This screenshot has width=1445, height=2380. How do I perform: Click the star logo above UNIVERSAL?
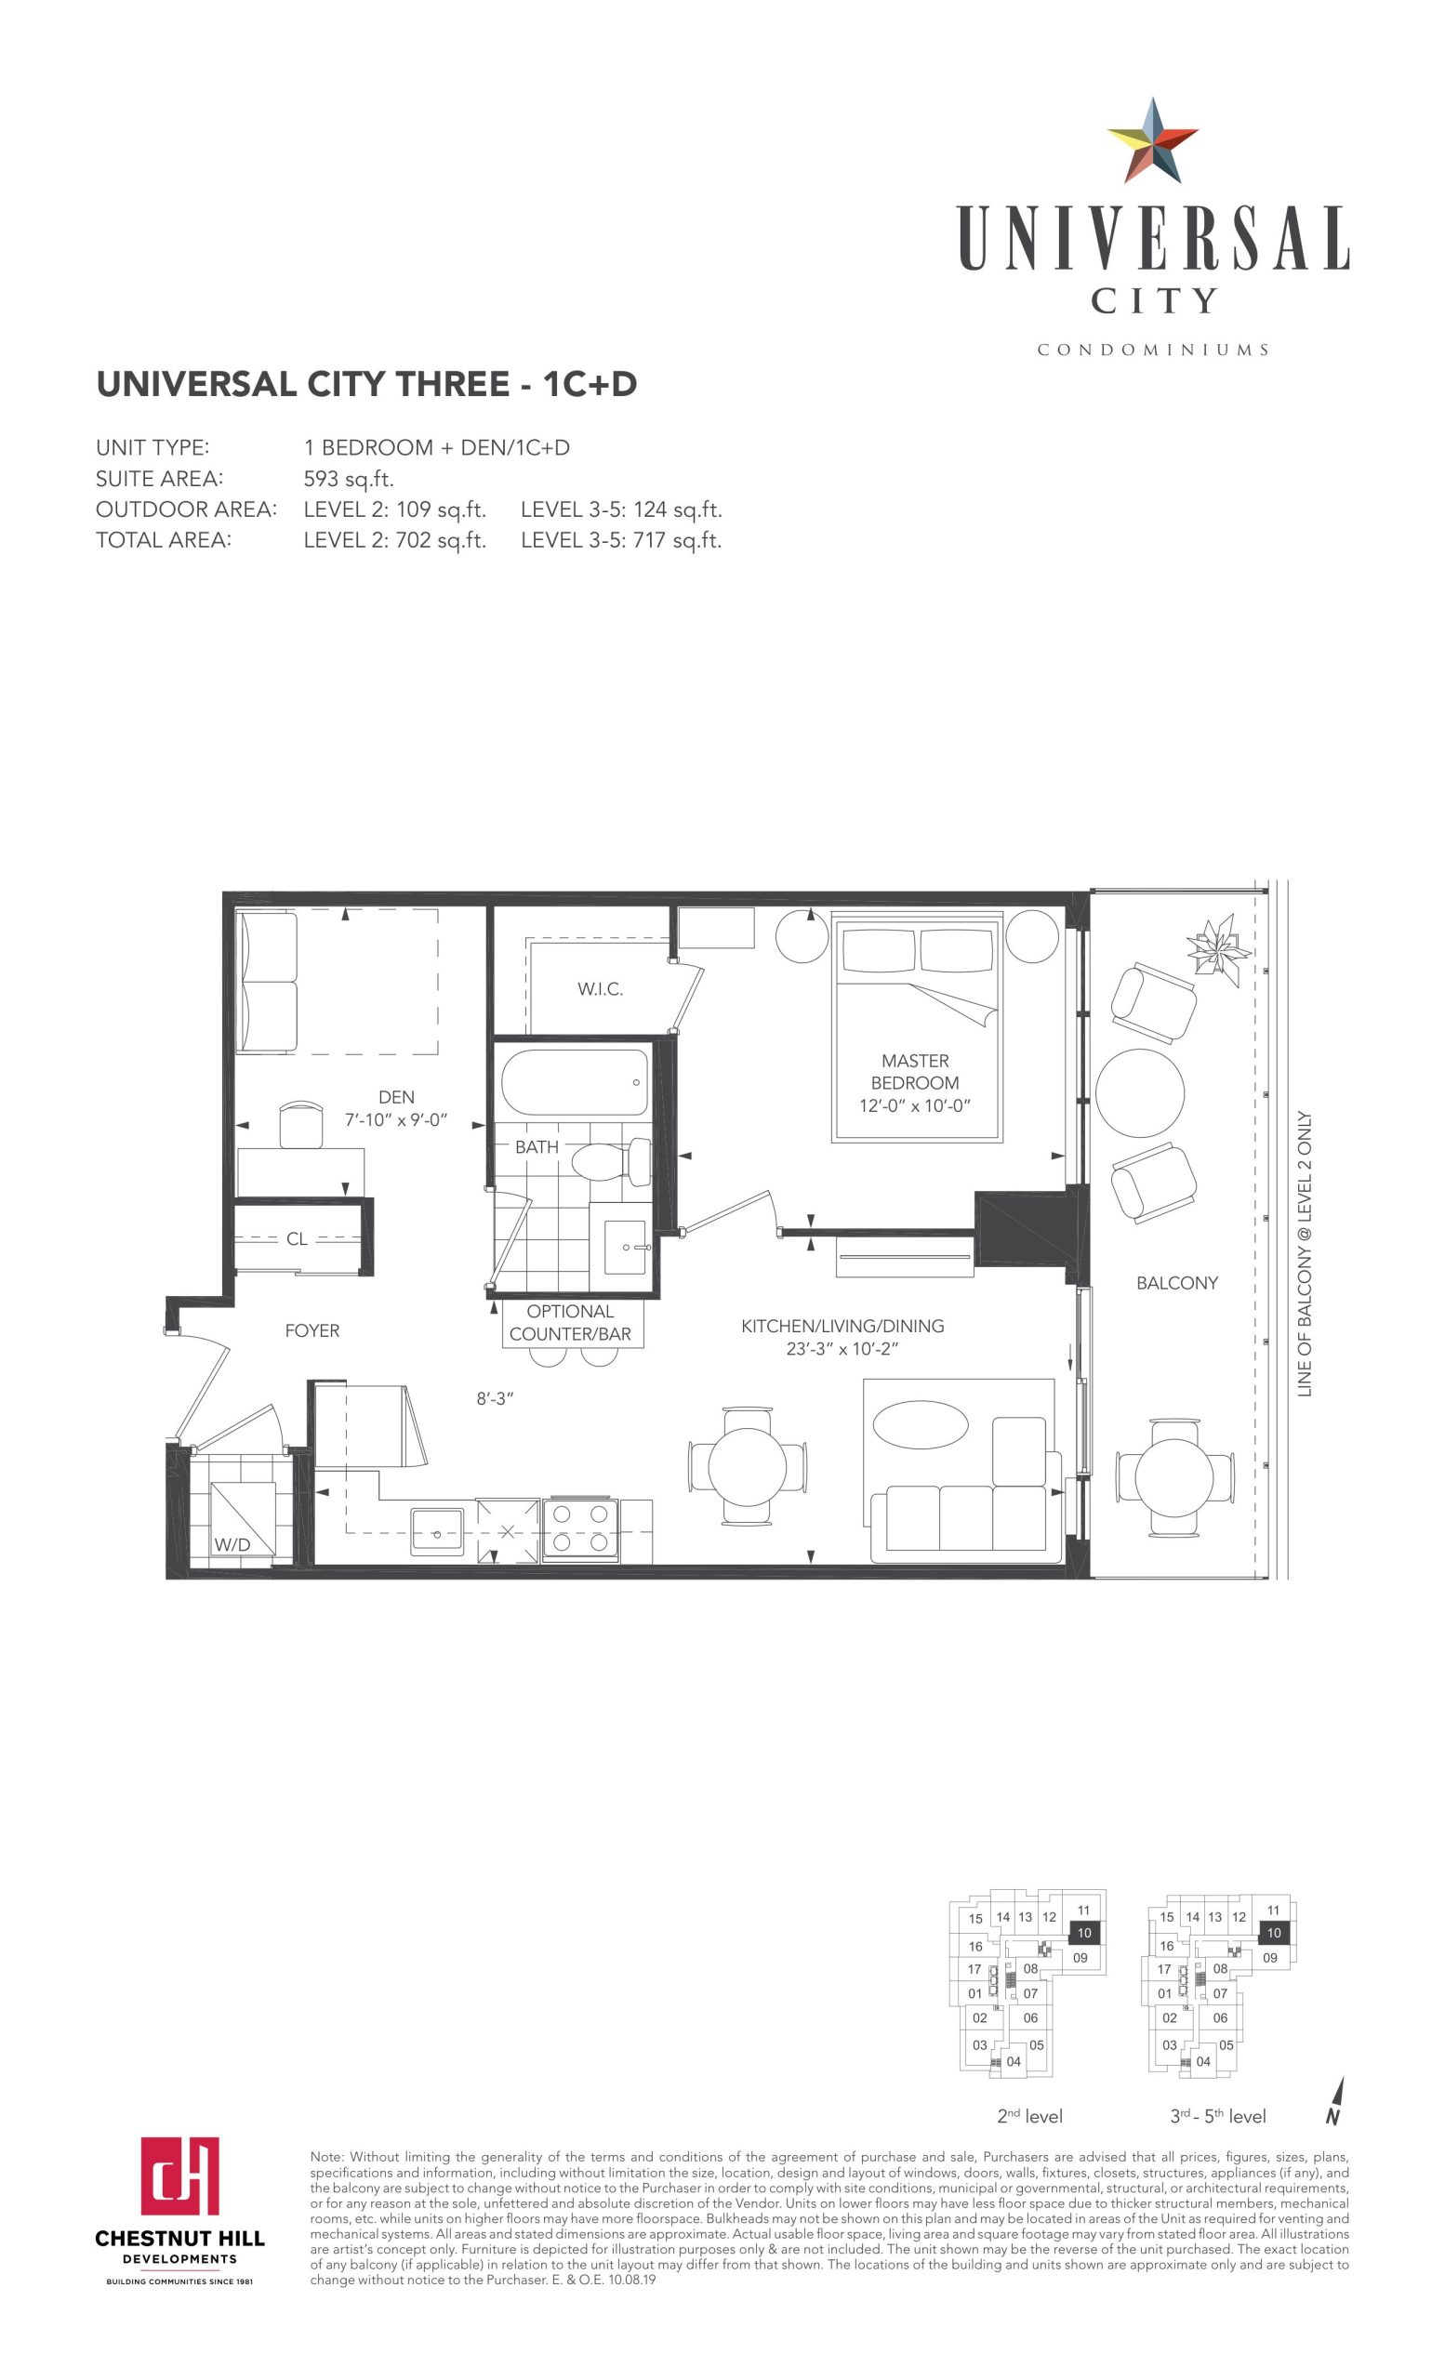[x=1151, y=141]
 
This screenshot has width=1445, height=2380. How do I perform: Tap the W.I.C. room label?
[x=600, y=989]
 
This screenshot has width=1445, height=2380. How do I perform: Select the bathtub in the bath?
[x=575, y=1083]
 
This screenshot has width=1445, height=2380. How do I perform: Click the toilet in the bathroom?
[x=613, y=1162]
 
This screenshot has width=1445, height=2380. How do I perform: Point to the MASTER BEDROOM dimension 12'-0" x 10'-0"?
[x=914, y=1106]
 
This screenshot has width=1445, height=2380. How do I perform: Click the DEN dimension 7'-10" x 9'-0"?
[x=396, y=1120]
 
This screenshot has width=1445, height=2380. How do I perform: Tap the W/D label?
[x=232, y=1544]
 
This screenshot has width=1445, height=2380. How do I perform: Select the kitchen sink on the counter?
[x=438, y=1531]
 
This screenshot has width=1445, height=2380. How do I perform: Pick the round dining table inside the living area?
[x=748, y=1466]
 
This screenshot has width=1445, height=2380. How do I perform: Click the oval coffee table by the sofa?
[x=920, y=1423]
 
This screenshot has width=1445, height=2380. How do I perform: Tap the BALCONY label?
[x=1176, y=1283]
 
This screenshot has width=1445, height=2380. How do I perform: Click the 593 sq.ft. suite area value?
[x=349, y=479]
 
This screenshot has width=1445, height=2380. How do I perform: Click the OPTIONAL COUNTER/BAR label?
[x=570, y=1322]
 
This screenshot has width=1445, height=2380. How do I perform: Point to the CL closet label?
[x=297, y=1239]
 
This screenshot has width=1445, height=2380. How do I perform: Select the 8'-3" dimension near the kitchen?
[x=495, y=1398]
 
